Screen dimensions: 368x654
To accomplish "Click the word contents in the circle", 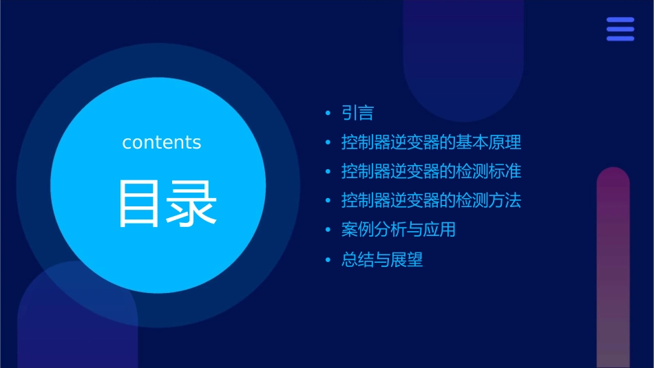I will (162, 142).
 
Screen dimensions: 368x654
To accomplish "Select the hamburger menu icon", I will (620, 29).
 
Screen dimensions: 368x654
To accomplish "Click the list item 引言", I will (357, 113).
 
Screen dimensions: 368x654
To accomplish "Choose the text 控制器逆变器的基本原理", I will (431, 142).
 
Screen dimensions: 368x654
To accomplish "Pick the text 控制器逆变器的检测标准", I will (431, 171).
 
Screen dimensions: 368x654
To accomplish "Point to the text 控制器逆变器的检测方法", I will (431, 201).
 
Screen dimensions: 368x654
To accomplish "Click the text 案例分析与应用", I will (398, 230).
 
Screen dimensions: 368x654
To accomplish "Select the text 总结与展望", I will (382, 260).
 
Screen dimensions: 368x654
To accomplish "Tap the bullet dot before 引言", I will (328, 113).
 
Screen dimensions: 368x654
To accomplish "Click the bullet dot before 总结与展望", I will (328, 261).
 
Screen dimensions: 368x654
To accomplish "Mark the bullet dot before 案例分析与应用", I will (328, 230).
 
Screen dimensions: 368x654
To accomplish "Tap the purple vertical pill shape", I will (613, 268).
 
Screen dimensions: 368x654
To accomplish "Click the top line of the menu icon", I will (620, 20).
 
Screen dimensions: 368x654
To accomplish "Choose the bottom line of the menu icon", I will (620, 39).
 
